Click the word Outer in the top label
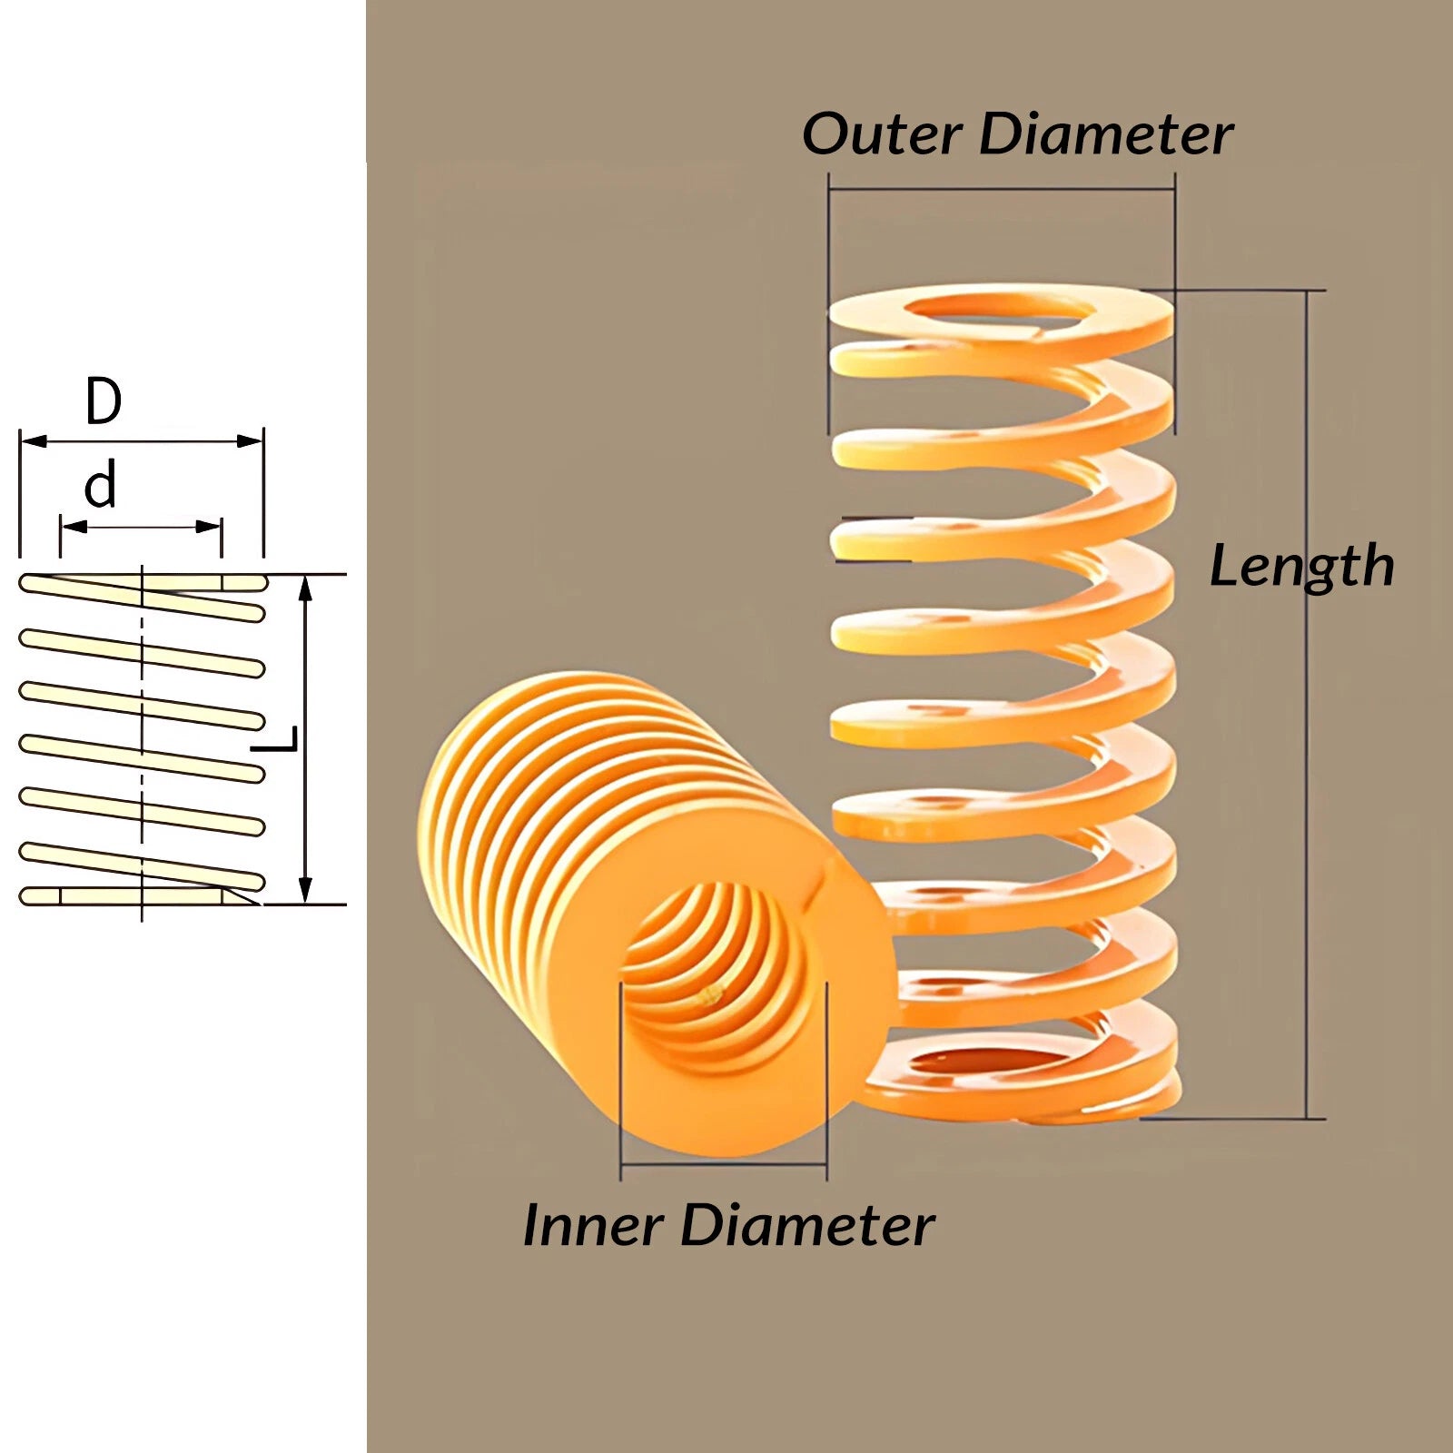882,134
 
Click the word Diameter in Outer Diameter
1106,134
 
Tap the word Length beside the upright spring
1302,567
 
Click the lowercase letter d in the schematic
101,485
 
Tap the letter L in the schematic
274,739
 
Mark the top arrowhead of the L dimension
306,588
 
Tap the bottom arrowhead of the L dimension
306,890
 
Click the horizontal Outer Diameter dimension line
1002,190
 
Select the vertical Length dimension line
1308,705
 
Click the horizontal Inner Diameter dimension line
724,1163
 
